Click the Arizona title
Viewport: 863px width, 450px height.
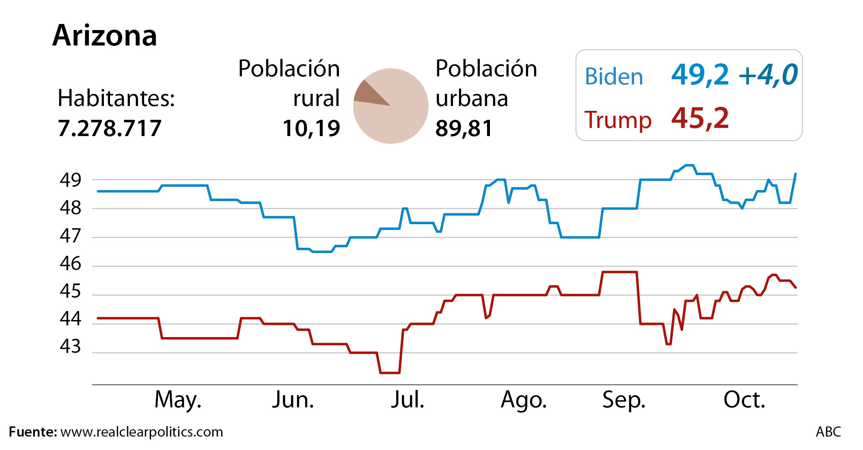tap(105, 36)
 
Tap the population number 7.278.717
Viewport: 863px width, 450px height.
tap(110, 128)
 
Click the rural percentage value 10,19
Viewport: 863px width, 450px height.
tap(311, 128)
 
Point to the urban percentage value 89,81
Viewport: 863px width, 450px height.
tap(464, 128)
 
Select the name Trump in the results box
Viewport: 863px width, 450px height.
tap(618, 120)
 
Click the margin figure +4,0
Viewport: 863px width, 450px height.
tap(768, 75)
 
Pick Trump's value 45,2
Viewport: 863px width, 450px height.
tap(700, 119)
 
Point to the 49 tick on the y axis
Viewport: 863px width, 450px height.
tap(71, 180)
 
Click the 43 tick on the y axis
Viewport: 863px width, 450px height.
tap(71, 346)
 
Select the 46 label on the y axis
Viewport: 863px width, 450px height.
tap(71, 264)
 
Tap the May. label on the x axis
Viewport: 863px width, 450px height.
tap(178, 400)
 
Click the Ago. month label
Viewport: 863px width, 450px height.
tap(524, 400)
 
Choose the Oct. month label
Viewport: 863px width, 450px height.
tap(744, 400)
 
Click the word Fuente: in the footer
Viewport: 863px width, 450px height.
tap(33, 432)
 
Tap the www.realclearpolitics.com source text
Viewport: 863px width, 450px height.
tap(142, 432)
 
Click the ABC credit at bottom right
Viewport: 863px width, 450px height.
tap(828, 432)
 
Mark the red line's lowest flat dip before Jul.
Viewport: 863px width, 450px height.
tap(390, 373)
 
